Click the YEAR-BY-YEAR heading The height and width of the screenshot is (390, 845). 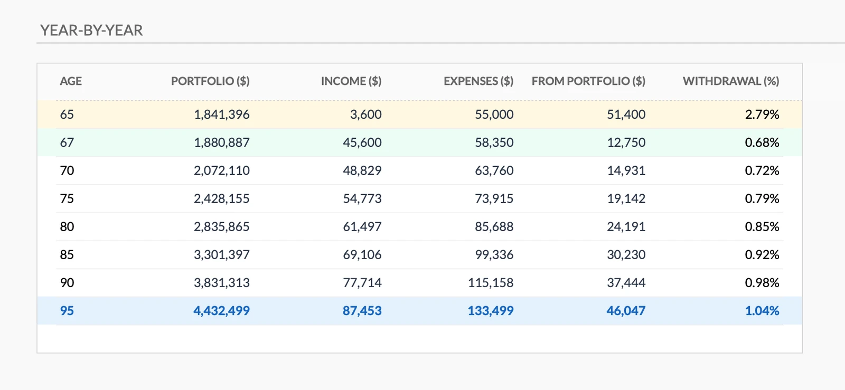click(x=91, y=31)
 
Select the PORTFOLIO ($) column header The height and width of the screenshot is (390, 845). click(x=210, y=81)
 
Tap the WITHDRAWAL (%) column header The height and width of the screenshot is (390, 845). click(x=731, y=81)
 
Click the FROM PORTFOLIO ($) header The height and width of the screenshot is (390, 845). click(x=588, y=81)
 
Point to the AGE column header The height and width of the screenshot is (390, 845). click(x=71, y=81)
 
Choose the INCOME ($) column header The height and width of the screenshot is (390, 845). click(x=351, y=81)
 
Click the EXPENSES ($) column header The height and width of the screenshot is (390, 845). click(x=478, y=81)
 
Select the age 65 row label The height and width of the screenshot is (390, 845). click(x=67, y=115)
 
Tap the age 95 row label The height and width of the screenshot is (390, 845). click(x=67, y=311)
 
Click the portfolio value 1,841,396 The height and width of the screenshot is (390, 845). click(x=222, y=115)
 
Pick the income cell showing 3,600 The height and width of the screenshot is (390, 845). click(x=366, y=115)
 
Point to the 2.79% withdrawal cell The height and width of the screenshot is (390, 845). click(x=762, y=115)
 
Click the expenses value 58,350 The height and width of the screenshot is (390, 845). click(x=494, y=142)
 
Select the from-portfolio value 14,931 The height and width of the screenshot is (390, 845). click(x=626, y=170)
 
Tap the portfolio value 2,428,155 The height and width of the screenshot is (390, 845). click(x=222, y=199)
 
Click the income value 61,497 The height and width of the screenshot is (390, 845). click(x=362, y=227)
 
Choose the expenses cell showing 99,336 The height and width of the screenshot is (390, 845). click(x=494, y=255)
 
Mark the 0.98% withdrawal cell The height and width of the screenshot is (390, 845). click(x=762, y=283)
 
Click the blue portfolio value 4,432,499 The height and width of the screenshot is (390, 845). click(x=222, y=311)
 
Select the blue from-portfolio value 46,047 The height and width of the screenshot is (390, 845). click(x=626, y=311)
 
